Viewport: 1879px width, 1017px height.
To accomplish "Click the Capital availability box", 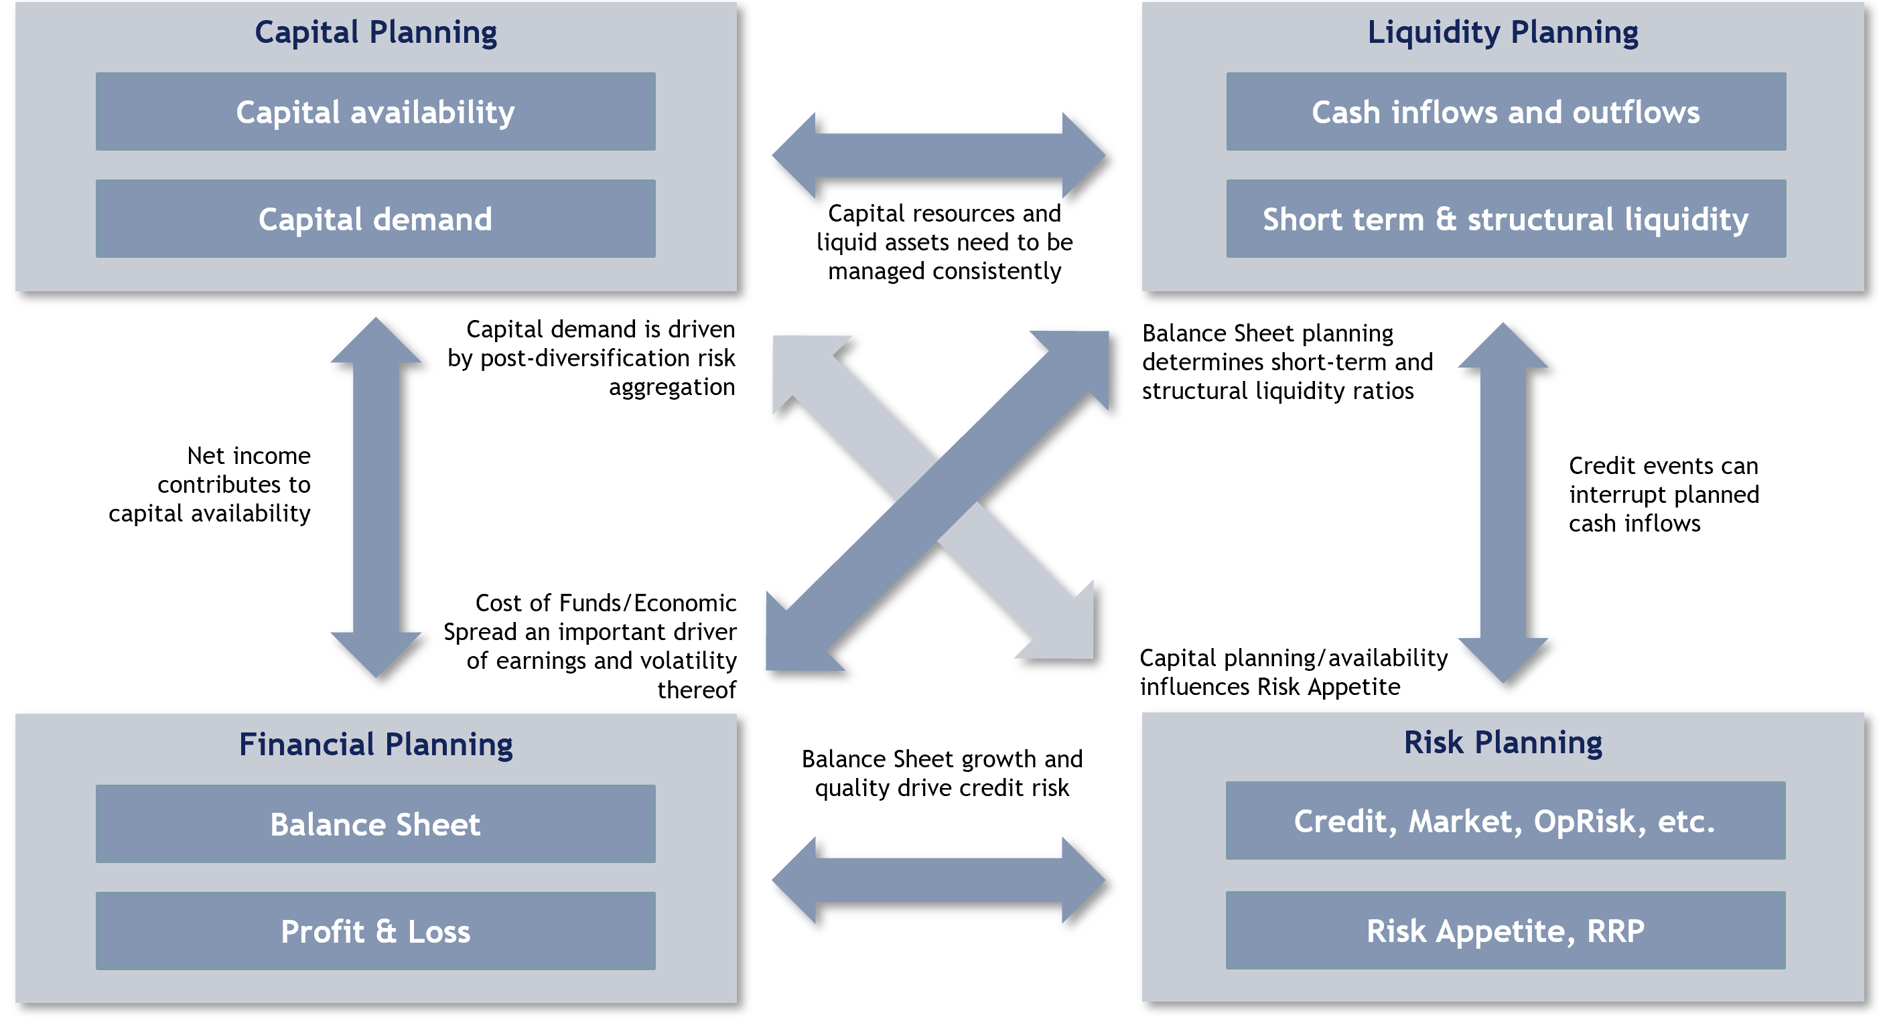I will (375, 112).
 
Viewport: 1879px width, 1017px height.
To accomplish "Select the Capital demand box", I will (375, 219).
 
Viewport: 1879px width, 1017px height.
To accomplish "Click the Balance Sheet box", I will (375, 824).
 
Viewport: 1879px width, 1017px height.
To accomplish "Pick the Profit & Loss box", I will (375, 931).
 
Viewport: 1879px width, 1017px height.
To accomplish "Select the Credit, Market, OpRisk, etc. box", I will (1505, 821).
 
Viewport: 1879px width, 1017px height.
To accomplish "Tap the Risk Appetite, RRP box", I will (1505, 930).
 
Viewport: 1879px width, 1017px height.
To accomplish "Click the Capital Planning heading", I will (375, 32).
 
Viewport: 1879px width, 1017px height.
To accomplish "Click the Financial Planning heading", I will (375, 745).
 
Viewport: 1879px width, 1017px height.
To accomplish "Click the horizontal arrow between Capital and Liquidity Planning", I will (938, 155).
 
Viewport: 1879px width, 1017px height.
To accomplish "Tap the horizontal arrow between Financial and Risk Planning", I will (938, 880).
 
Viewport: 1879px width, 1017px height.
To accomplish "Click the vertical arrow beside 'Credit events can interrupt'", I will (1503, 503).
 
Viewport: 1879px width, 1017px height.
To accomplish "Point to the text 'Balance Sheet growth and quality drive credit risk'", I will (941, 773).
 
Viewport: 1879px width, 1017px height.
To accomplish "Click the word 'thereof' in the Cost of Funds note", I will (696, 690).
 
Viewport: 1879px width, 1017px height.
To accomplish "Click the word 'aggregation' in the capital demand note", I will (671, 387).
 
